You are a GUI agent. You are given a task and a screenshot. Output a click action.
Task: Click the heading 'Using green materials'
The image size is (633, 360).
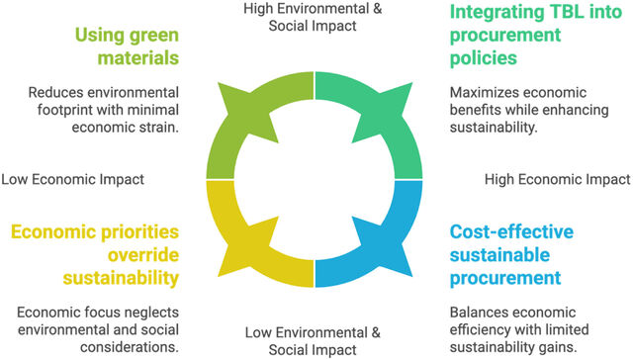127,46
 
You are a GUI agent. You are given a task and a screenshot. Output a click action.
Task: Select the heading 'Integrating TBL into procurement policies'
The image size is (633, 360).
536,35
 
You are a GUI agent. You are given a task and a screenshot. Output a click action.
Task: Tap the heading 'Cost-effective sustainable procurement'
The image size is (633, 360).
511,254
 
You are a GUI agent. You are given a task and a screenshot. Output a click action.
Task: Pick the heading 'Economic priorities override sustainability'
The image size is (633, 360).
95,254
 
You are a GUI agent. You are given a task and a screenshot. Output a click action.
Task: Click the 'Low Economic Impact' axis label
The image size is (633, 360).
72,179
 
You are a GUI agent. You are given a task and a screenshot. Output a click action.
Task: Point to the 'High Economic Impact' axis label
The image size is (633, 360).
557,179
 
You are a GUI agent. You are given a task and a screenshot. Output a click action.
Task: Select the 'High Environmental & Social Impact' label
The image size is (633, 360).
313,17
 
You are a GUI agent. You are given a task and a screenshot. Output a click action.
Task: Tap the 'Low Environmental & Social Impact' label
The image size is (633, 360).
313,341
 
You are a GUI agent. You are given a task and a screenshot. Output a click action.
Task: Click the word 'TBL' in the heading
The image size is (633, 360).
565,12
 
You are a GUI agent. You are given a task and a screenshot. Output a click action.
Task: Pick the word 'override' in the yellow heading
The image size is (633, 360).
143,255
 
